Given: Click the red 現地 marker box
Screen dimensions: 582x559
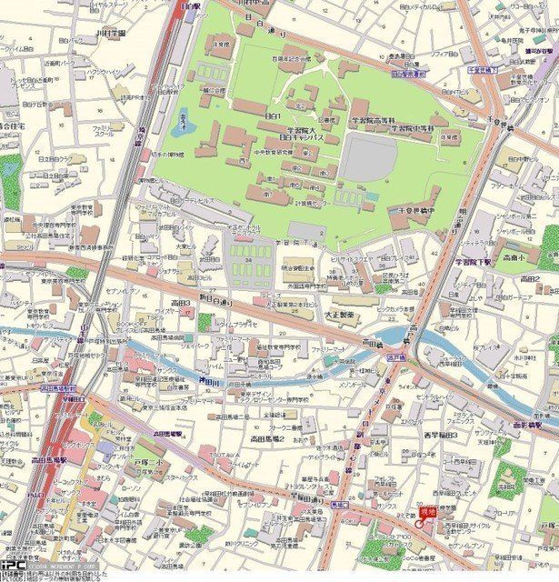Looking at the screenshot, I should click(x=427, y=516).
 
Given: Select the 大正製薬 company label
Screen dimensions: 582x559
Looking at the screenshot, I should click(x=340, y=314).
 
